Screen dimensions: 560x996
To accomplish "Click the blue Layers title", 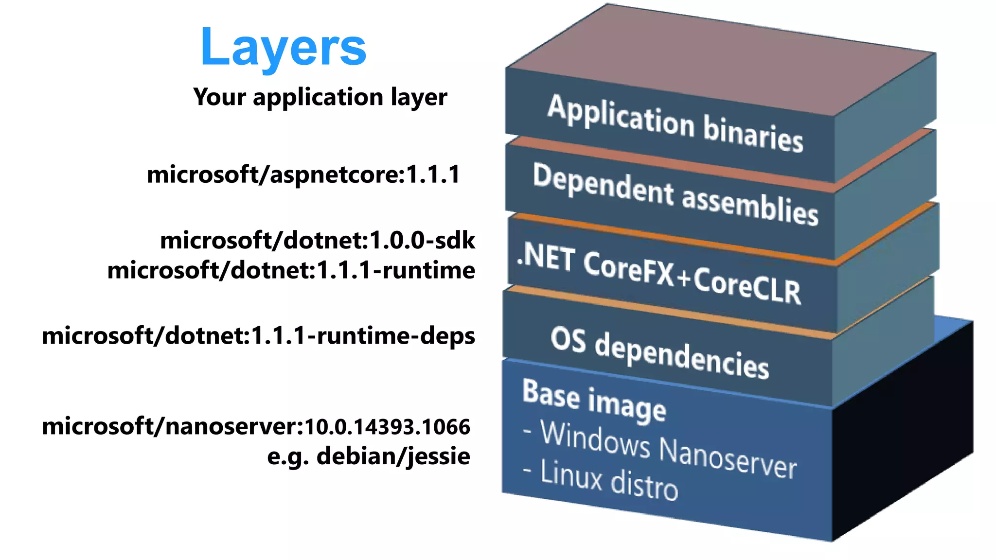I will pyautogui.click(x=283, y=48).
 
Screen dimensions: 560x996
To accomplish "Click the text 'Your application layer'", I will pyautogui.click(x=320, y=97).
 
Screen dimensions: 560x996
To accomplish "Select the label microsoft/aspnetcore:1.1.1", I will pyautogui.click(x=303, y=175).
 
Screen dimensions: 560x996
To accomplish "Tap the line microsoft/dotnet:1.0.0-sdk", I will pyautogui.click(x=318, y=241).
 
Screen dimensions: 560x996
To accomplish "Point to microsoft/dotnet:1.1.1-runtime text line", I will pyautogui.click(x=291, y=270).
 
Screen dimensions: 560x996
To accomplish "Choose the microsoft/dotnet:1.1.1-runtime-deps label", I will pyautogui.click(x=258, y=336).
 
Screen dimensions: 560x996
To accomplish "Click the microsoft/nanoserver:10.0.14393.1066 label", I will pyautogui.click(x=256, y=427).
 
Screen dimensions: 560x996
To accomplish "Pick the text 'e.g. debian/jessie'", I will pyautogui.click(x=369, y=456).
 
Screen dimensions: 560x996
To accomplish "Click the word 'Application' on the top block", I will pyautogui.click(x=621, y=116).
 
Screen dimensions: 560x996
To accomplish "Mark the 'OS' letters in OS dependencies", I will pyautogui.click(x=568, y=339).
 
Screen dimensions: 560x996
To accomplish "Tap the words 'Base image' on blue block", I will pyautogui.click(x=594, y=401).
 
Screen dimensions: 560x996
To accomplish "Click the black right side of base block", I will pyautogui.click(x=905, y=428).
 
